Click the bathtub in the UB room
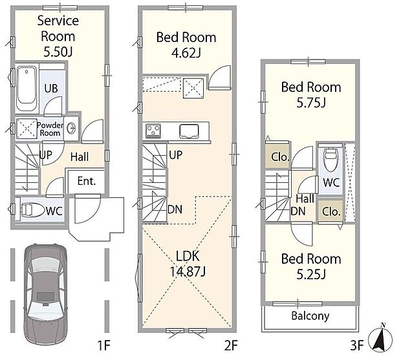(27, 89)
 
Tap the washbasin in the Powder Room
(70, 127)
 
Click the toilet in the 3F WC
(331, 159)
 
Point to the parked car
(46, 295)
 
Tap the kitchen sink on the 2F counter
(189, 131)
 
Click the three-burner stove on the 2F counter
(153, 131)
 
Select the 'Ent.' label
(87, 181)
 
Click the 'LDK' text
(188, 257)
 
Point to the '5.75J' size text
(311, 103)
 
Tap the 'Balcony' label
(310, 316)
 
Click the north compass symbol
(380, 337)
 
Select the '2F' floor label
(231, 346)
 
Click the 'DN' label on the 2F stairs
(175, 209)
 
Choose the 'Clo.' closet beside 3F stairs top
(279, 157)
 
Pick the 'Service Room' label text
(58, 28)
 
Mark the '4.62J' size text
(186, 53)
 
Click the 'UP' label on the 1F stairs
(46, 155)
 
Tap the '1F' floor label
(103, 346)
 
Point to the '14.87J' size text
(188, 271)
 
